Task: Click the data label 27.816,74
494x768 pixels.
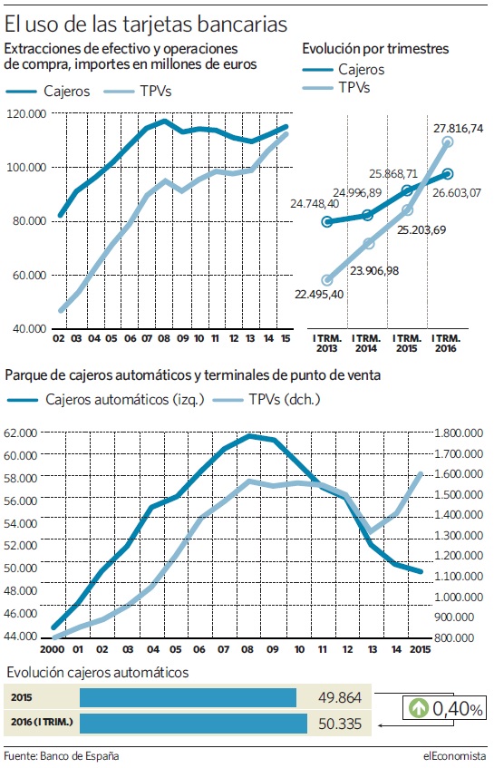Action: [458, 129]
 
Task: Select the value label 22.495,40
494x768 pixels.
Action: [319, 295]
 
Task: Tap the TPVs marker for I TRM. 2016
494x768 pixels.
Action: [447, 142]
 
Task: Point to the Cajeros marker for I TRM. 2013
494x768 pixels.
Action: [327, 222]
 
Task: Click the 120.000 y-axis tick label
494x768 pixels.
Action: [26, 113]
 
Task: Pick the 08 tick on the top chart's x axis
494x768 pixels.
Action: [163, 338]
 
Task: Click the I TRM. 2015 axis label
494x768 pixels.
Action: [406, 344]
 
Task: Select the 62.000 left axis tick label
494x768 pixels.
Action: [20, 433]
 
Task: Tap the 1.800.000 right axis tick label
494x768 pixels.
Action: [459, 433]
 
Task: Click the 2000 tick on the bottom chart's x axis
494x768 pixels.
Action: [52, 649]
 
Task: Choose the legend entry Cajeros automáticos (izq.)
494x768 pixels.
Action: [106, 400]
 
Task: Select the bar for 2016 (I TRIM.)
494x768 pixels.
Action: [193, 724]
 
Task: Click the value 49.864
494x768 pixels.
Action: [340, 697]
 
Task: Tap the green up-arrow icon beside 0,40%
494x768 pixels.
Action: [419, 708]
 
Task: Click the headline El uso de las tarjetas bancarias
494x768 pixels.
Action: [145, 24]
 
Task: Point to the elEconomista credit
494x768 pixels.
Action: [455, 755]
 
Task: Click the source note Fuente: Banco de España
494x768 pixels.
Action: [62, 755]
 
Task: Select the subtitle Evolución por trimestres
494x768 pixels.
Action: [375, 49]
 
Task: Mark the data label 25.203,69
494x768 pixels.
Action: [421, 229]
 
